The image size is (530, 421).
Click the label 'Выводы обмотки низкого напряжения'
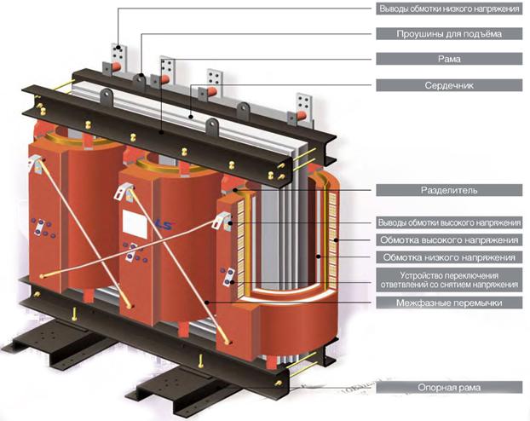449,9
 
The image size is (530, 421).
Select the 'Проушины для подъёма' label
449,34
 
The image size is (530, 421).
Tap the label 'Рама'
449,59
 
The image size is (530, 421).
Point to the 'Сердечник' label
449,85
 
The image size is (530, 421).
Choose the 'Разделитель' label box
449,190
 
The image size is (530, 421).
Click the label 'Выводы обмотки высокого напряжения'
449,222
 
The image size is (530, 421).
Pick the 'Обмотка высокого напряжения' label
449,240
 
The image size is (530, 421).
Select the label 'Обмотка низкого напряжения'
449,257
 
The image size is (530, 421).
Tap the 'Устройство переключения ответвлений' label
449,280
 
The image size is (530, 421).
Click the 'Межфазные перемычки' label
449,303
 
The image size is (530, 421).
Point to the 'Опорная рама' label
449,387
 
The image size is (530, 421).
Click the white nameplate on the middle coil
135,223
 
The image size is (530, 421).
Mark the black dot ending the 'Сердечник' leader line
191,118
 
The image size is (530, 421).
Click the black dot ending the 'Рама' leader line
162,132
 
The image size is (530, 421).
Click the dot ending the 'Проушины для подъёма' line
141,76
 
